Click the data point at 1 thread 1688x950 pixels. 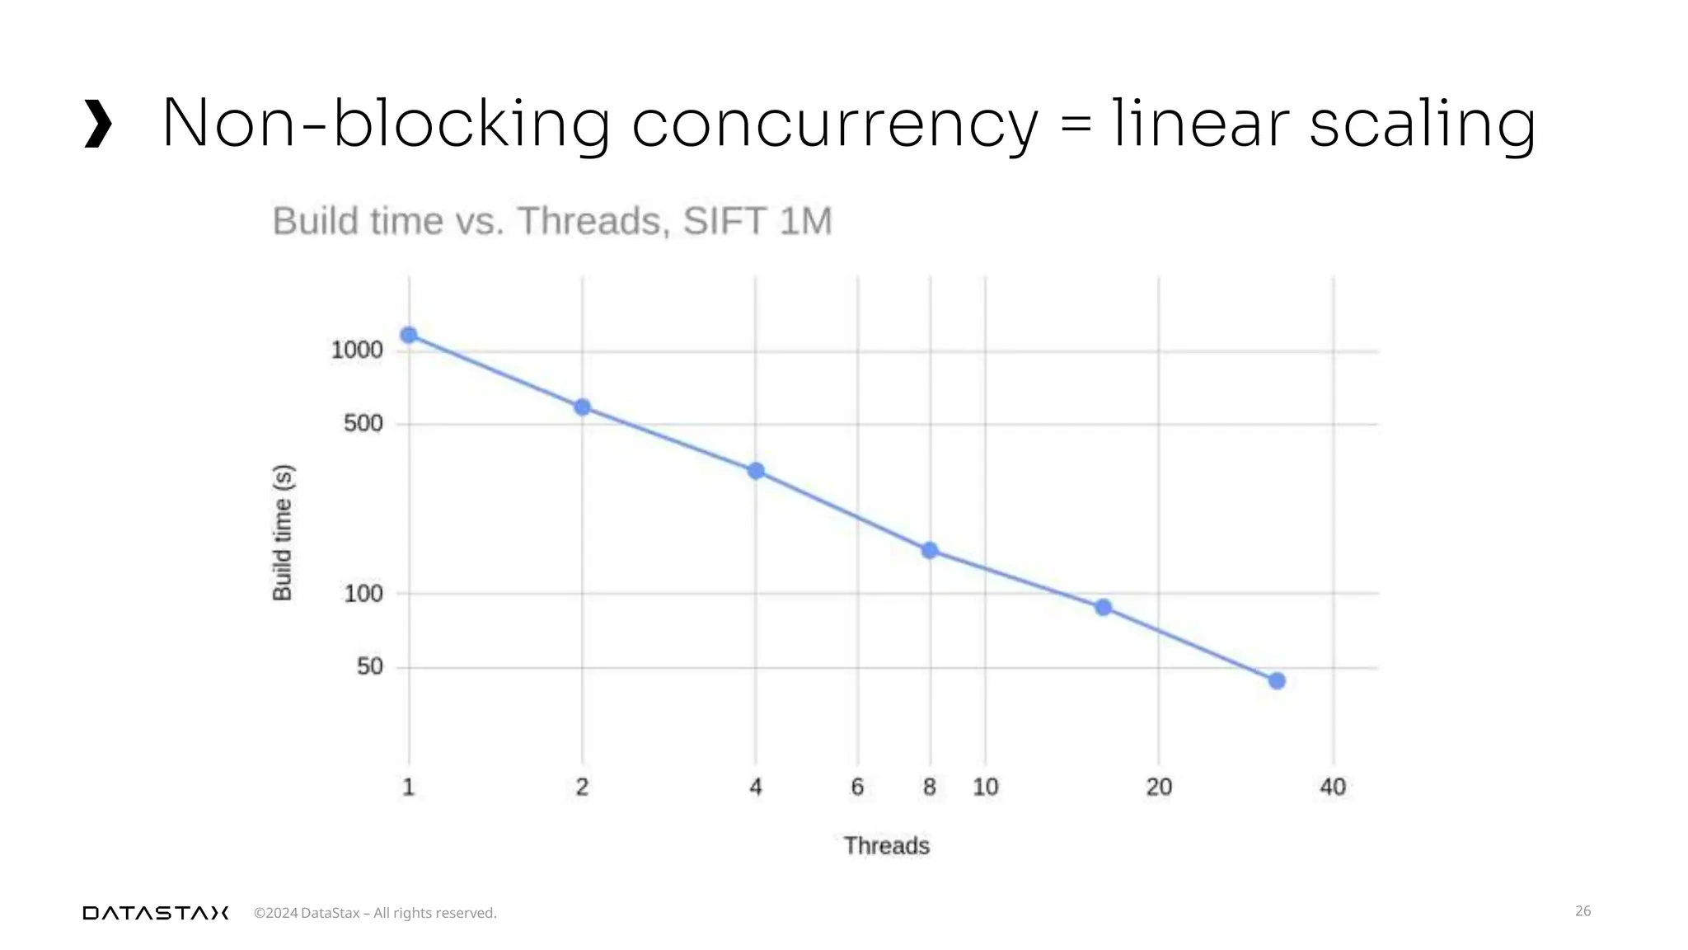click(x=409, y=335)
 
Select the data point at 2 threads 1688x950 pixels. click(x=582, y=407)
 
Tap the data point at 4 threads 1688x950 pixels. click(x=756, y=471)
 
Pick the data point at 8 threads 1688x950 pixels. click(x=930, y=550)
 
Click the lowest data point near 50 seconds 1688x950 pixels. click(x=1277, y=680)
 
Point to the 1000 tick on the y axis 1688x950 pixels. click(x=357, y=350)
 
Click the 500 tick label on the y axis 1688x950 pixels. click(x=363, y=424)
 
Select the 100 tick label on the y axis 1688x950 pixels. click(x=363, y=594)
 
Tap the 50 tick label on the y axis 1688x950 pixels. click(x=370, y=666)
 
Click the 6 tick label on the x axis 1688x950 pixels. click(x=857, y=788)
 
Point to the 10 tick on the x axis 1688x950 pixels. click(x=986, y=788)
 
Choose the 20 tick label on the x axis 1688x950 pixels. click(x=1159, y=788)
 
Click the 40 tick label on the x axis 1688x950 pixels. click(x=1333, y=788)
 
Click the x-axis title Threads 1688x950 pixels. click(x=887, y=846)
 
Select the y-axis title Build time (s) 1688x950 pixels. click(x=283, y=533)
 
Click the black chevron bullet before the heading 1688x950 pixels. click(x=98, y=125)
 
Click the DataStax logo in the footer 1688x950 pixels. click(x=156, y=913)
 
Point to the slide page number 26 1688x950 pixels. click(x=1582, y=911)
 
